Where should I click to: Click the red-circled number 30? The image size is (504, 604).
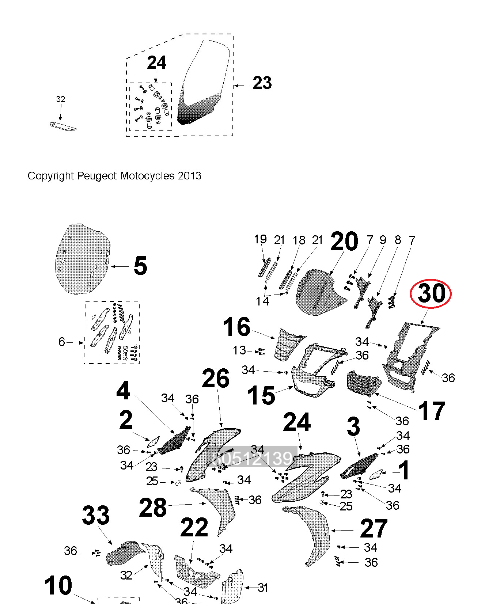(x=431, y=293)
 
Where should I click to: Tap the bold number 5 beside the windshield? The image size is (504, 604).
(x=140, y=266)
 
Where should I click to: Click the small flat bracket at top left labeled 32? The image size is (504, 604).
(x=63, y=126)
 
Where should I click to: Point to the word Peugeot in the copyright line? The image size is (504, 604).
(x=97, y=176)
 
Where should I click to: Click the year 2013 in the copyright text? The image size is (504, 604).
(x=189, y=176)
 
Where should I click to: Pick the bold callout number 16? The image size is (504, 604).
(x=237, y=327)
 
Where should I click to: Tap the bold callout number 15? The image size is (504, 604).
(x=261, y=395)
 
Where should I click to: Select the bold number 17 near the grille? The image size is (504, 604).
(x=431, y=411)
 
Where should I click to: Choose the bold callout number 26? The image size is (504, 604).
(x=216, y=379)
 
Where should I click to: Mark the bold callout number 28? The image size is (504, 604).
(x=153, y=508)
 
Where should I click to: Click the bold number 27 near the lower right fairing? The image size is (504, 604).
(x=374, y=528)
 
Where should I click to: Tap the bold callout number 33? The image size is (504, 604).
(x=96, y=515)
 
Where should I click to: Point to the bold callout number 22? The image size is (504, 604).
(x=194, y=528)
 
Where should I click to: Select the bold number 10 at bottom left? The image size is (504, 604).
(x=58, y=585)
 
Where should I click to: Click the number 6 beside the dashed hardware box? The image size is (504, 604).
(x=62, y=342)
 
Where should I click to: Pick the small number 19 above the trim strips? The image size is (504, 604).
(x=260, y=239)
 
